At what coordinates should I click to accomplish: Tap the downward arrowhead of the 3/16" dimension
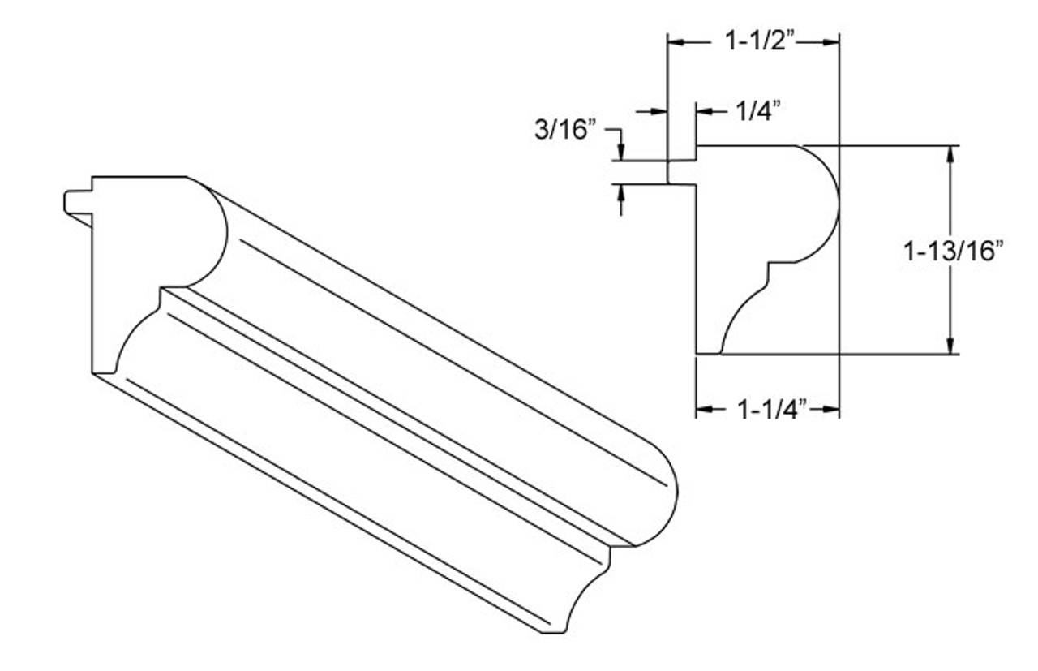tap(621, 153)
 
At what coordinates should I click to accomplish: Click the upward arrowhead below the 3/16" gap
tap(621, 192)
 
